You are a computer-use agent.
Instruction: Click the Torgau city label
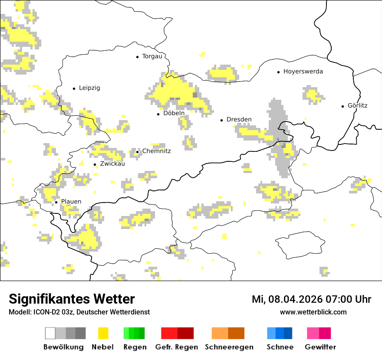pos(152,56)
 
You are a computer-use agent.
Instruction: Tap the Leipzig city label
pos(89,88)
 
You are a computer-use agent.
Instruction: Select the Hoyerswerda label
pos(303,72)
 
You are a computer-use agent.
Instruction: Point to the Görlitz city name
pos(357,105)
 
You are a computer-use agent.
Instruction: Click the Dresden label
pos(239,119)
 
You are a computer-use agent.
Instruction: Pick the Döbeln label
pos(174,113)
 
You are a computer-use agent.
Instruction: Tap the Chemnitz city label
pos(157,151)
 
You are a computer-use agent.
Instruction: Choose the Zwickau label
pos(112,164)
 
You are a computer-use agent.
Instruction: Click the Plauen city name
pos(71,202)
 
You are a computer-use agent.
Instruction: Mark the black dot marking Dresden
pos(221,120)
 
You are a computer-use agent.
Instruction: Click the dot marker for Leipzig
pos(74,88)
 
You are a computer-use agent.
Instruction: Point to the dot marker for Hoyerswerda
pos(279,72)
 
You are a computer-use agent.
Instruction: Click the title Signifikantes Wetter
pos(72,299)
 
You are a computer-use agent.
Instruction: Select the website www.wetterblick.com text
pos(313,312)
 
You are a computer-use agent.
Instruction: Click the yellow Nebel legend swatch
pos(103,333)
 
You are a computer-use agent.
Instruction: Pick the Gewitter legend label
pos(320,347)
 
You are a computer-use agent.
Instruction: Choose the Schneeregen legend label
pos(229,347)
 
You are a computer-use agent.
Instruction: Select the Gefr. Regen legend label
pos(177,347)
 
